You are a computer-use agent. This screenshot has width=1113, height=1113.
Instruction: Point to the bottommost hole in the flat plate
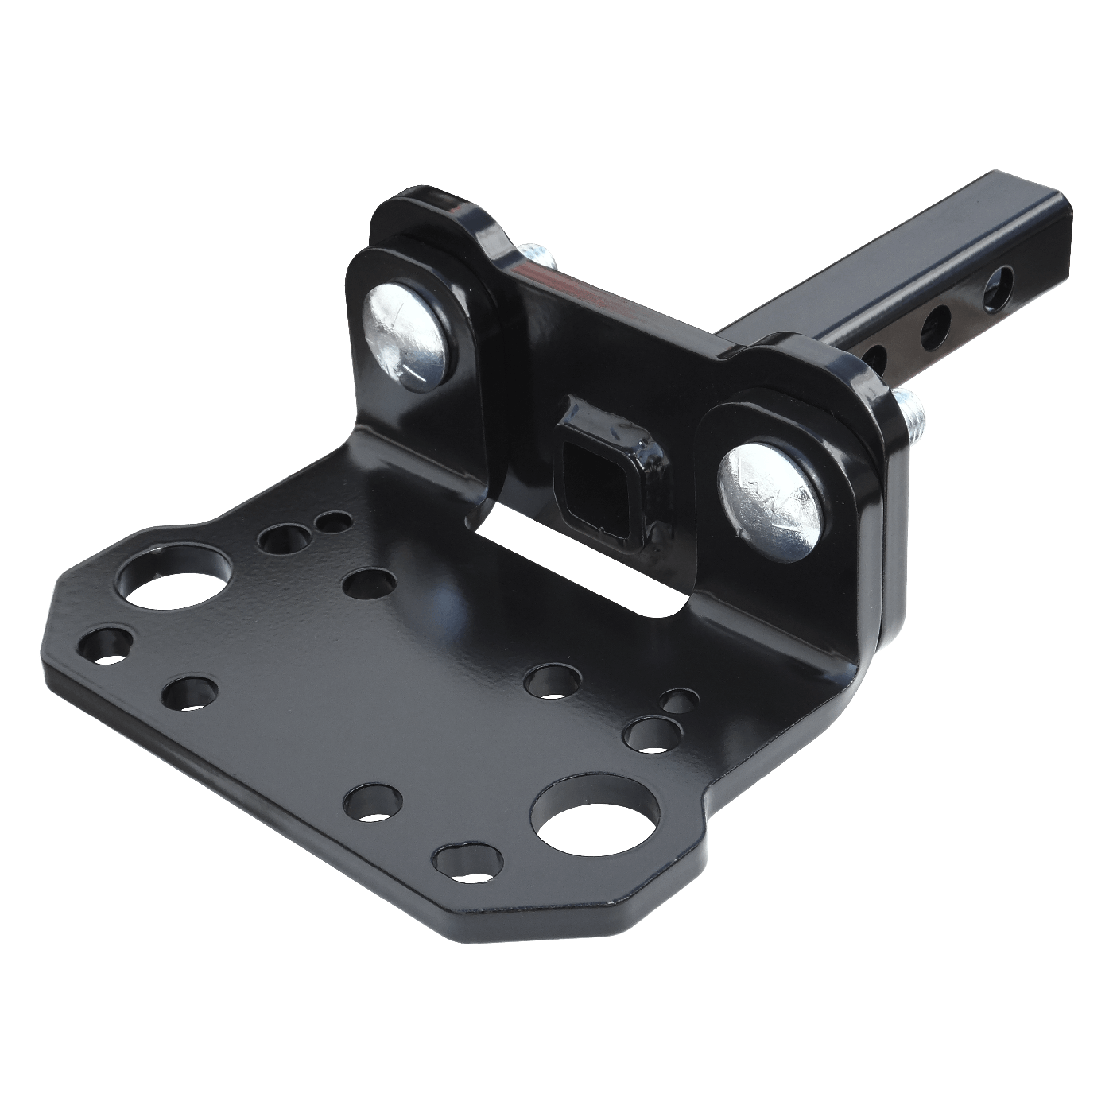point(469,862)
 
